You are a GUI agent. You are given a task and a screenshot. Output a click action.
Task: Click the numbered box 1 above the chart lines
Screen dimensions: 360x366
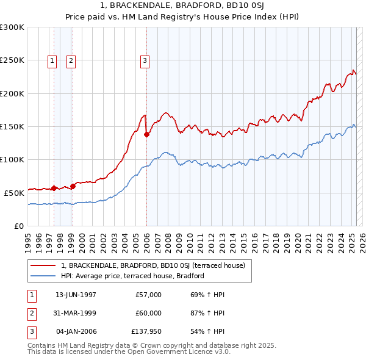(52, 60)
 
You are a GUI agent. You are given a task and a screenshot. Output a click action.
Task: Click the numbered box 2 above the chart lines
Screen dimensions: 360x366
(71, 60)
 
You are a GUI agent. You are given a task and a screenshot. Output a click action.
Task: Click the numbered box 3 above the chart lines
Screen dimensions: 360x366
(145, 60)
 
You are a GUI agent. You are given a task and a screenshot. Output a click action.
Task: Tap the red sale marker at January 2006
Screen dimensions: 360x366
(146, 135)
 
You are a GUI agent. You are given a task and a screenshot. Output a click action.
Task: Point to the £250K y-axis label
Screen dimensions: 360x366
(12, 60)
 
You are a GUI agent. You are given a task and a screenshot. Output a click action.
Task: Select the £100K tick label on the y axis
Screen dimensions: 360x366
(12, 159)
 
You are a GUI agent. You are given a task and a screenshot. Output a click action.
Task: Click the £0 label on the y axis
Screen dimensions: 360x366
(18, 226)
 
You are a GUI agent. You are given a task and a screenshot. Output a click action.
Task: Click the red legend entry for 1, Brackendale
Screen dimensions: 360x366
(152, 265)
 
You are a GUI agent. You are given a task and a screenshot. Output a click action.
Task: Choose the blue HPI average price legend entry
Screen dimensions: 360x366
(132, 276)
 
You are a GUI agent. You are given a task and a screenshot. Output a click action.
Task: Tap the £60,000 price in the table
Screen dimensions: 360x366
(148, 313)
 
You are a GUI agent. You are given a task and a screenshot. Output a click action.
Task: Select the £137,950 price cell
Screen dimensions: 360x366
(146, 331)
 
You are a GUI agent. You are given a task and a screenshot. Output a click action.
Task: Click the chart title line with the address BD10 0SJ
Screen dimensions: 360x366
(183, 7)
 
